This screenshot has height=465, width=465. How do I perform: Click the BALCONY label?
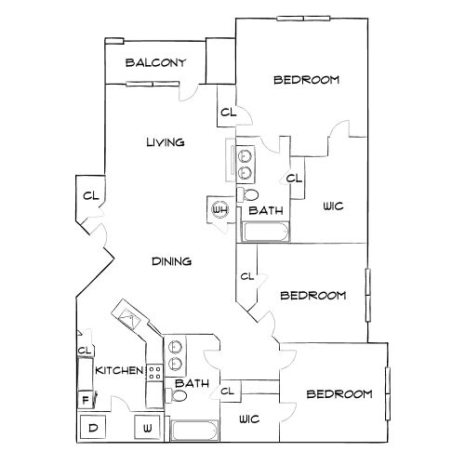(155, 62)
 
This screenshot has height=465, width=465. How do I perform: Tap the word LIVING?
(166, 142)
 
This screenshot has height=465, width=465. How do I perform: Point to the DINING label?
(171, 261)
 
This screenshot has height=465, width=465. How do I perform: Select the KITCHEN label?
(119, 370)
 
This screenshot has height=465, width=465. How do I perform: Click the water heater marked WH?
(219, 209)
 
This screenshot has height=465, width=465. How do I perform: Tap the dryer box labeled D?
(93, 427)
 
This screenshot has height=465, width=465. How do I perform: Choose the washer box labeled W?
(147, 427)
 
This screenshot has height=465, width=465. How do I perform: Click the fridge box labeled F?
(86, 399)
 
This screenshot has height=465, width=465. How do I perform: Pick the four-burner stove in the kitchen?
(154, 373)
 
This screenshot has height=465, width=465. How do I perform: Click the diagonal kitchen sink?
(128, 318)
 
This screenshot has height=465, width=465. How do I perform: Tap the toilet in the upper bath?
(247, 195)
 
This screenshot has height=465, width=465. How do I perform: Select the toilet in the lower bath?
(176, 395)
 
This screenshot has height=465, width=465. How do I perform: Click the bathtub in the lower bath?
(194, 431)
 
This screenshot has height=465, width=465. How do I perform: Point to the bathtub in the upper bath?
(266, 232)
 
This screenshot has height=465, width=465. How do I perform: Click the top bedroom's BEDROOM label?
(306, 80)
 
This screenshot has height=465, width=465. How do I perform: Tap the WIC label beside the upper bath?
(333, 206)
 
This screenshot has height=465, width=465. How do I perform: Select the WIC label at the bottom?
(249, 419)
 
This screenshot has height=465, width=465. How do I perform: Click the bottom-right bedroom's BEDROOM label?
(339, 394)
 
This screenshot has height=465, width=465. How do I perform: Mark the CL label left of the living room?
(91, 196)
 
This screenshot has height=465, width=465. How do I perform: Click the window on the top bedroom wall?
(303, 19)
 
